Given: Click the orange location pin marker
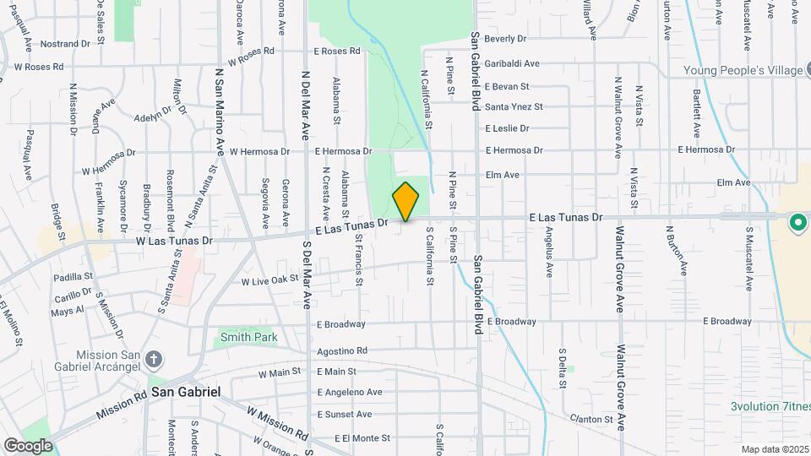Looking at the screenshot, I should [x=405, y=202].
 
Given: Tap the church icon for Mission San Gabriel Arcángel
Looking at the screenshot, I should [x=153, y=360].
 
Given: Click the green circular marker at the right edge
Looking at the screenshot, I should [x=797, y=224].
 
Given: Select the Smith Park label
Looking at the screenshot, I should [x=248, y=337].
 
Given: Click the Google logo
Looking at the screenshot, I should [x=28, y=445].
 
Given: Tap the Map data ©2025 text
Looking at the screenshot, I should [x=774, y=449].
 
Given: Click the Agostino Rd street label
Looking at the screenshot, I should [x=342, y=350].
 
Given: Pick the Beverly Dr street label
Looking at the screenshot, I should [x=505, y=38].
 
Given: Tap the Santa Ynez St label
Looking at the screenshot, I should [x=514, y=106].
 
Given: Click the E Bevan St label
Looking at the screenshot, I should [x=507, y=86].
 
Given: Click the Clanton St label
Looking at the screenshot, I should [x=591, y=419].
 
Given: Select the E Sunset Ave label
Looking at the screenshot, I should [x=344, y=415].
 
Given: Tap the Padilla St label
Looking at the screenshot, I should [x=73, y=276].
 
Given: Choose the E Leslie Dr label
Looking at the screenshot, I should [x=507, y=128].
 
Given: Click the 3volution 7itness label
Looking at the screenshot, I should [x=770, y=406].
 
